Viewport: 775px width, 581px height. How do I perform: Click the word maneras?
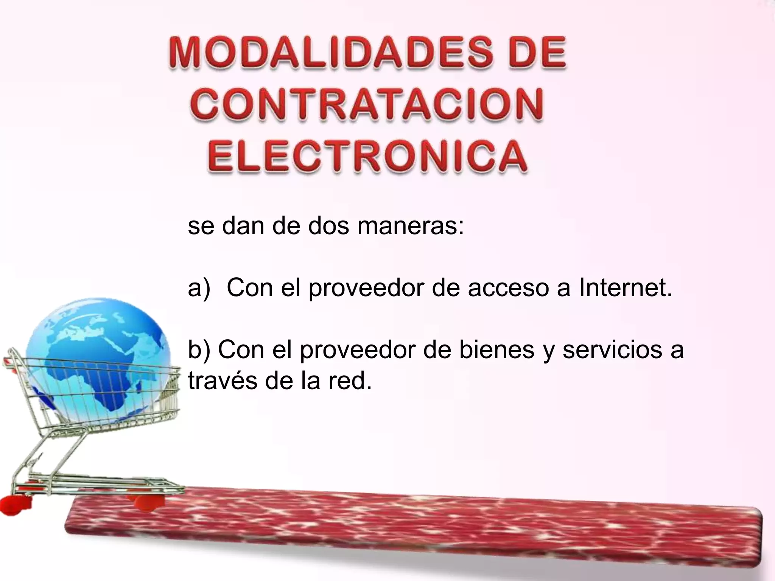(410, 226)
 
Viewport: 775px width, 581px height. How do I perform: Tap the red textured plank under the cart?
(416, 526)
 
